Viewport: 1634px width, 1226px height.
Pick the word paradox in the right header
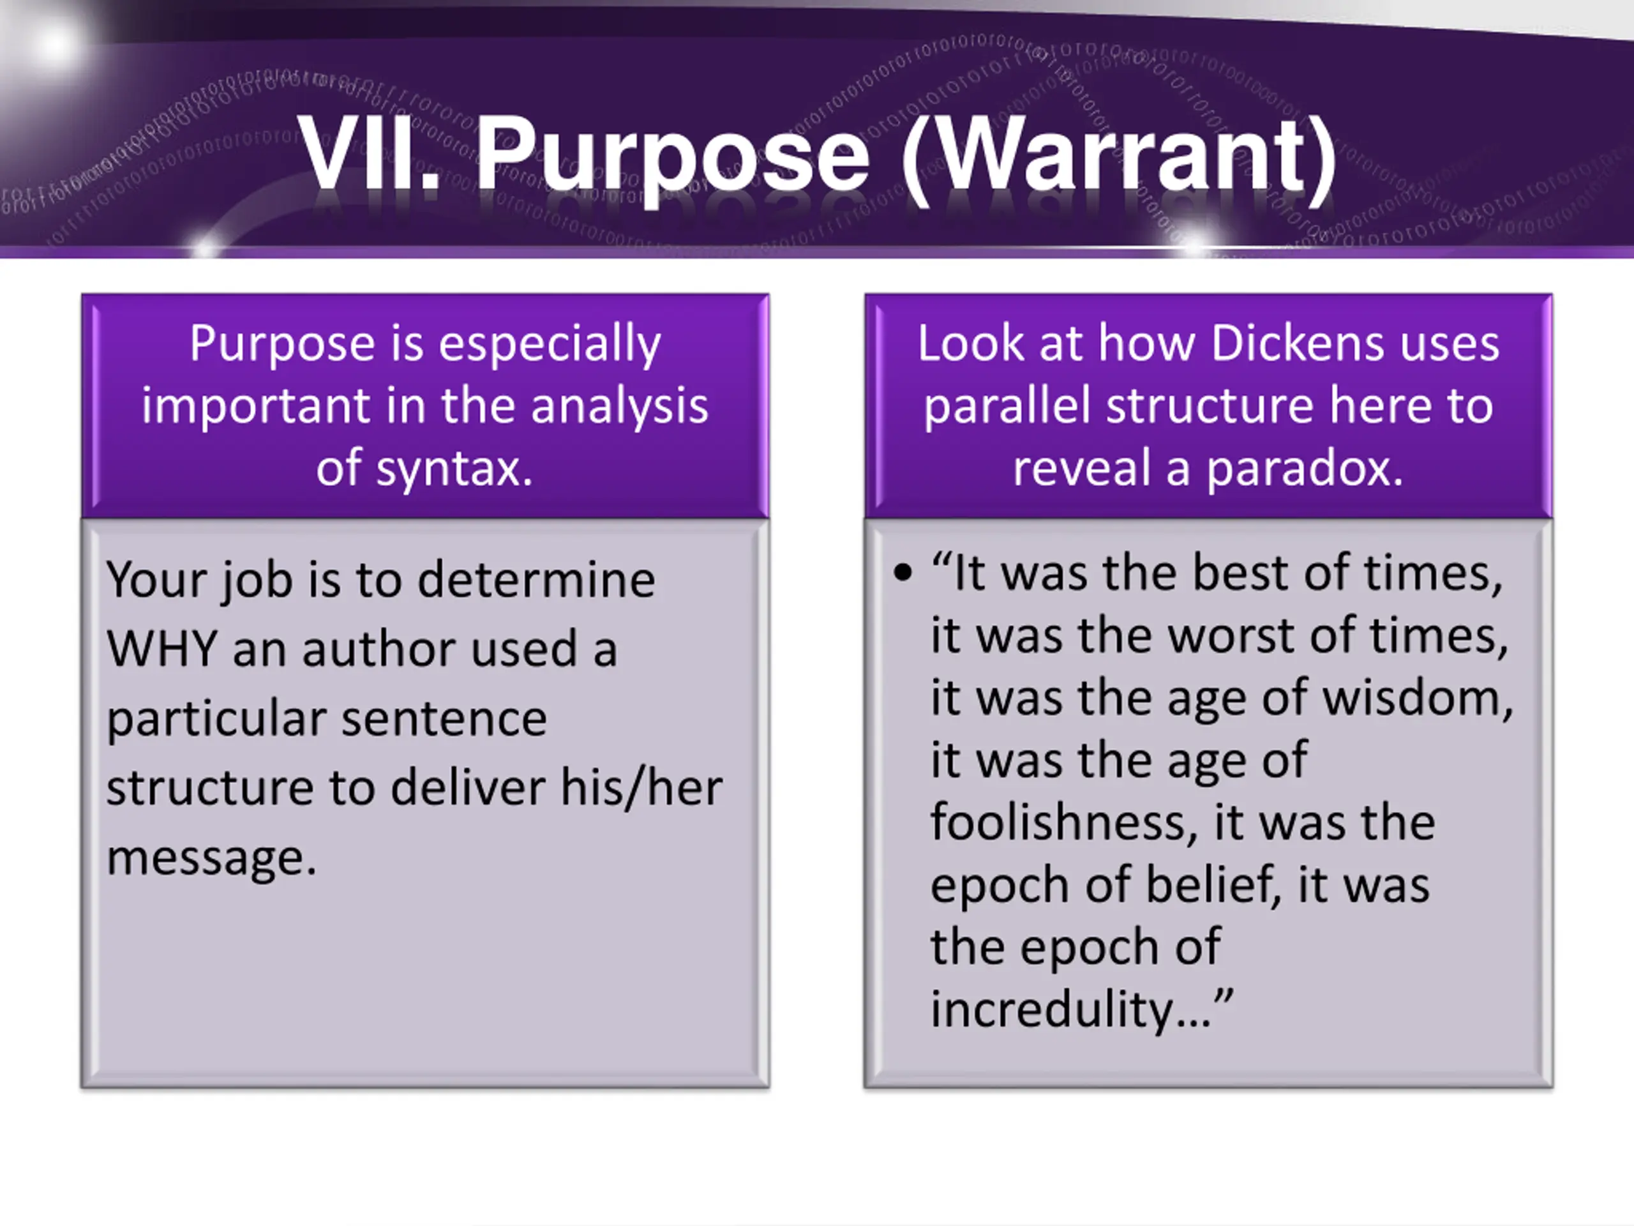coord(1305,469)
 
